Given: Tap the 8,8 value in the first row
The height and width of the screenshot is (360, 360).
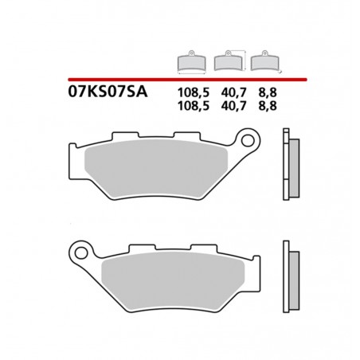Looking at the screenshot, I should [259, 92].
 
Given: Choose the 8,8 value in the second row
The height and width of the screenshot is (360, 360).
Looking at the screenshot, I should [259, 104].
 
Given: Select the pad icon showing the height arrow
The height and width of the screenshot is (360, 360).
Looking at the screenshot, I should [229, 65].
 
